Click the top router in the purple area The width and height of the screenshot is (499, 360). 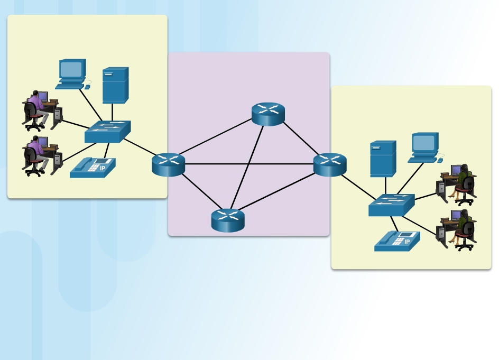(268, 114)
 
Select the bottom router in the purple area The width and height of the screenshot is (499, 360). (228, 220)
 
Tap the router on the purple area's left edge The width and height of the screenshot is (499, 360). (168, 164)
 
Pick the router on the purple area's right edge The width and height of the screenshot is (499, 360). (330, 164)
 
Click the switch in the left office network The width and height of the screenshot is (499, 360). (107, 132)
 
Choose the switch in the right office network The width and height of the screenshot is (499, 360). (391, 205)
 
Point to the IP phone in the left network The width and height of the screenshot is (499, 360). (92, 168)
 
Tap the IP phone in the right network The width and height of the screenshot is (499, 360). (397, 241)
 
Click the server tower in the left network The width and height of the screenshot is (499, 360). (115, 85)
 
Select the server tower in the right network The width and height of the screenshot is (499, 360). (383, 158)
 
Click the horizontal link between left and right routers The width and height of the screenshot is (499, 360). (248, 164)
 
